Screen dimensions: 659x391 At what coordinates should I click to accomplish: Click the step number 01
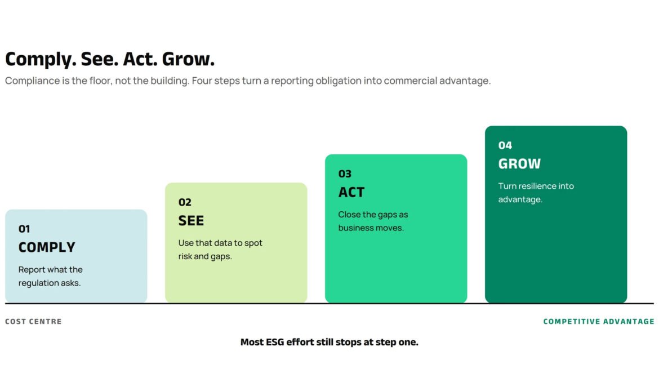24,229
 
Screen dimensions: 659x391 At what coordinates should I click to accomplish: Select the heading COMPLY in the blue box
47,247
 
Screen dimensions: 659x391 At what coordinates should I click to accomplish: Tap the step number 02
185,202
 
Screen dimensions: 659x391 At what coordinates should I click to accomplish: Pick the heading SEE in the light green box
191,221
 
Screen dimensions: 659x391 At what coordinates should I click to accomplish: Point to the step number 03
345,174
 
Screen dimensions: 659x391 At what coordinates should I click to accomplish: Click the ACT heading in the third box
351,192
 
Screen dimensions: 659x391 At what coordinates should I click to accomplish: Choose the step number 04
505,145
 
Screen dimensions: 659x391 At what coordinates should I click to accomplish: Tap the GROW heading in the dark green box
519,163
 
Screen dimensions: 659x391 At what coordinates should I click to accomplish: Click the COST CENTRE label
33,322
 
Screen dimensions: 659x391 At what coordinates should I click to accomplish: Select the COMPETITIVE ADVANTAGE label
599,322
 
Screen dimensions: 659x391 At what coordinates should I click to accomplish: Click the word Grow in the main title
188,59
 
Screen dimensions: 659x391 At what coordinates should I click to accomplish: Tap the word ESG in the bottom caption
275,342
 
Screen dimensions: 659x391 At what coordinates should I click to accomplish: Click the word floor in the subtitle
101,81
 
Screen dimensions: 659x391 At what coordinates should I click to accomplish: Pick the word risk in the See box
185,256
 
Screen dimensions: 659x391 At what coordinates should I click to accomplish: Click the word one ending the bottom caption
408,342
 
